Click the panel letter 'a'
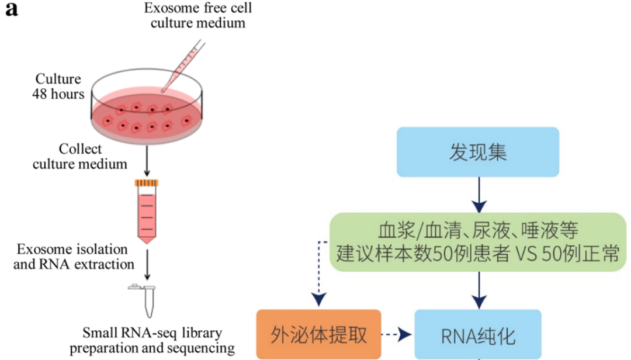pyautogui.click(x=11, y=10)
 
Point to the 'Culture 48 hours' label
pyautogui.click(x=58, y=86)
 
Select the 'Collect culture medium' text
pyautogui.click(x=80, y=156)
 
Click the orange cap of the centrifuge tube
pyautogui.click(x=146, y=184)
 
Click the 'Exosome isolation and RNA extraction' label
pyautogui.click(x=75, y=257)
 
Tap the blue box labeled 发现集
pyautogui.click(x=478, y=152)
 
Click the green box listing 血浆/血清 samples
pyautogui.click(x=478, y=241)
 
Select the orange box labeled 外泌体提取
pyautogui.click(x=319, y=334)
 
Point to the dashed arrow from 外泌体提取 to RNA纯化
pyautogui.click(x=397, y=335)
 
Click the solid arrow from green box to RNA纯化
pyautogui.click(x=479, y=290)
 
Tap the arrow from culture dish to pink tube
pyautogui.click(x=147, y=164)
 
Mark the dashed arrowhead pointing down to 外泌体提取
pyautogui.click(x=318, y=299)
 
